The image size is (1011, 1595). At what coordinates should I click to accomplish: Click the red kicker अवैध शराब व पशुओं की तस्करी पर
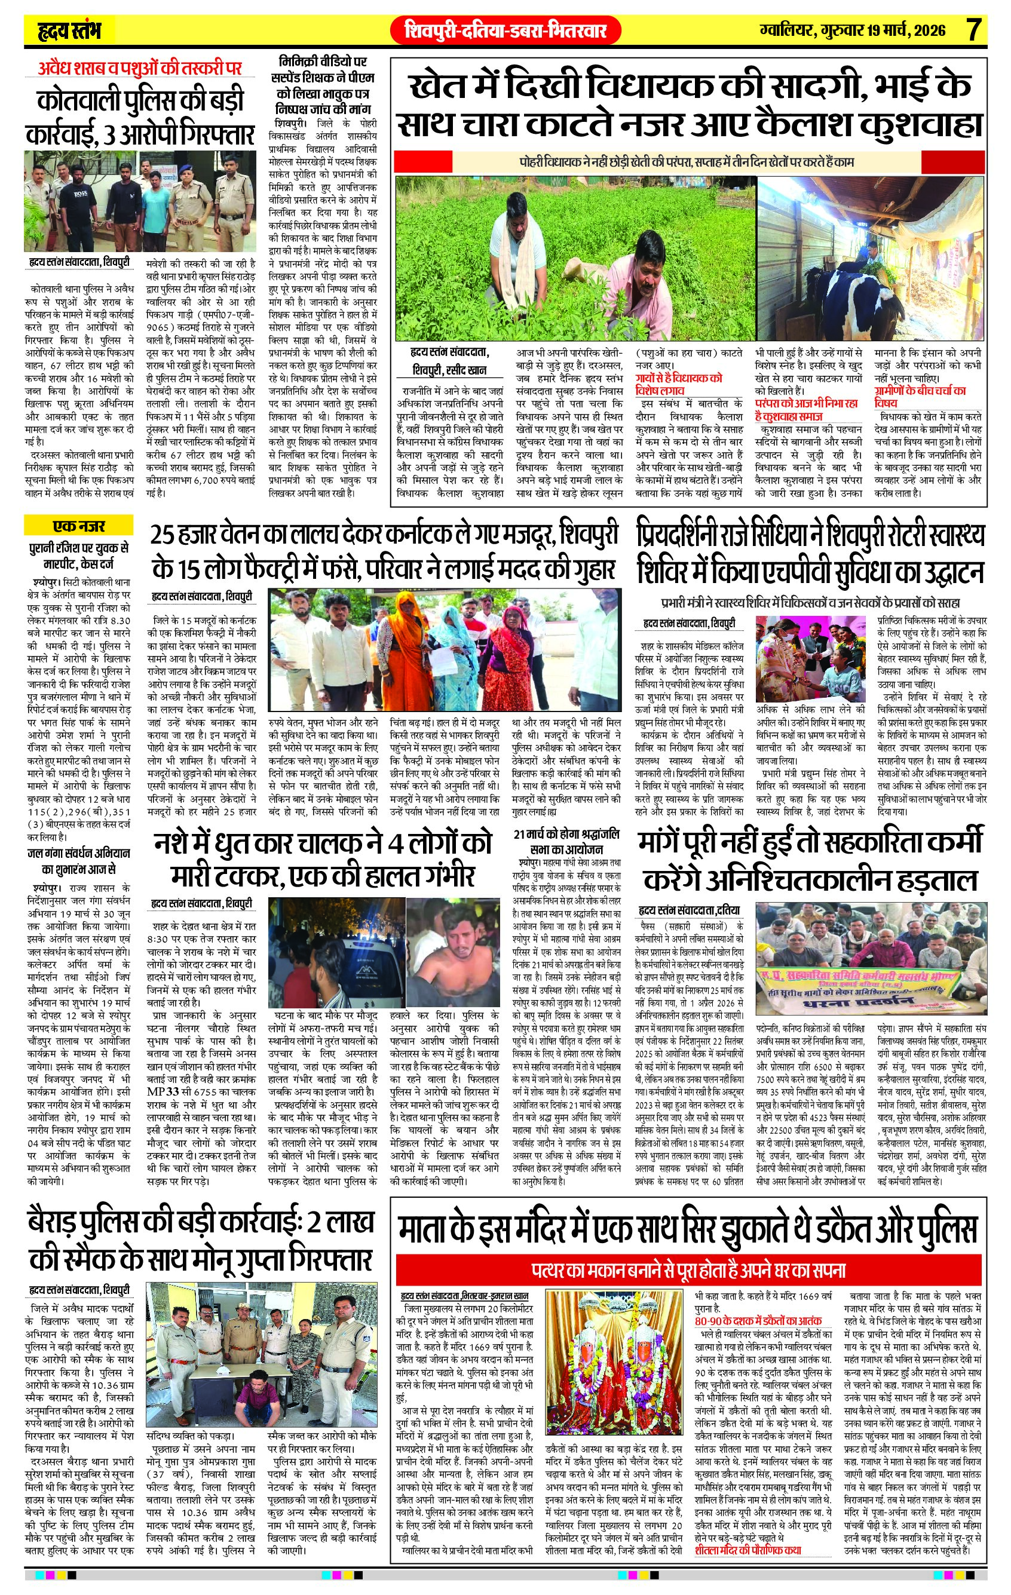point(140,68)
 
